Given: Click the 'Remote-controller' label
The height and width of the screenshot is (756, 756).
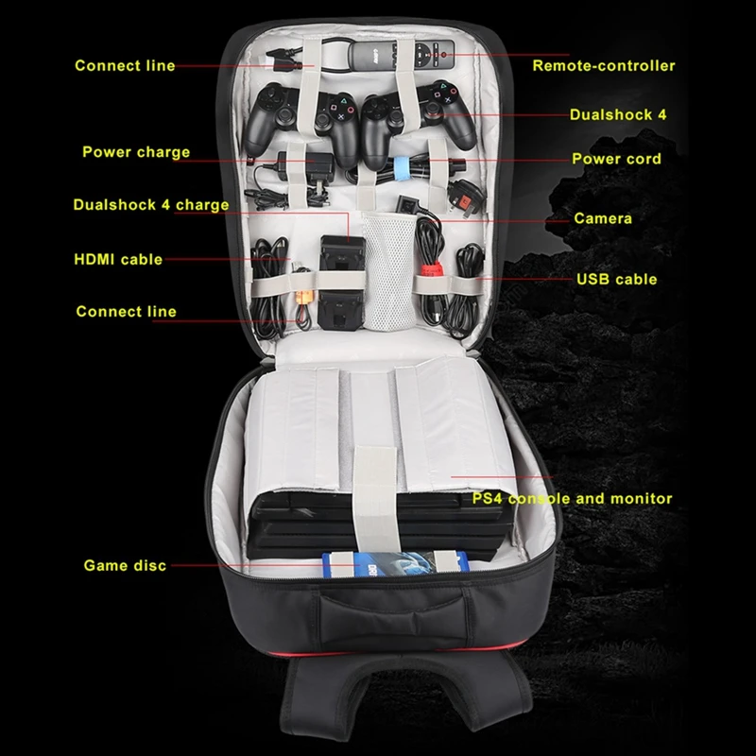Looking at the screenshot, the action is coord(604,65).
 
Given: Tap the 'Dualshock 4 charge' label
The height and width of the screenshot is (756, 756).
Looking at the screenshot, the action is coord(151,205).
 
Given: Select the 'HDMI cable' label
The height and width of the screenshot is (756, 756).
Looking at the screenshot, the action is coord(118,259).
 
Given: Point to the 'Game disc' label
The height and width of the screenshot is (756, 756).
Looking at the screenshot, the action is coord(125,565).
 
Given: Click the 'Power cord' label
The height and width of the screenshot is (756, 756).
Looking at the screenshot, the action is coord(616,159).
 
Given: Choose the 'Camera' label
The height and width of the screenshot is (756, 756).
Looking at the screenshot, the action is coord(603,218).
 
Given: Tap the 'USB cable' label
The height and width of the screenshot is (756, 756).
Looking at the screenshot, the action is coord(617,279).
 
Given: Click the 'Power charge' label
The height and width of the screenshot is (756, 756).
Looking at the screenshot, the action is coord(136,152).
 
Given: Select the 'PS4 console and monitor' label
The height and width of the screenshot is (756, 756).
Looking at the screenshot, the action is coord(572,499).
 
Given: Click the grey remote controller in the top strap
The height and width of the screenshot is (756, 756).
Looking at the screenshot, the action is coord(401,55).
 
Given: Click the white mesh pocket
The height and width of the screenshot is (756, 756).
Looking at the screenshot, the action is coord(389,272).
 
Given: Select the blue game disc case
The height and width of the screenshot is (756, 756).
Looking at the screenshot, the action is coord(395,563).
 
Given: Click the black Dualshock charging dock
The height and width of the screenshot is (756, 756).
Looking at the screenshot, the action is coord(342,282).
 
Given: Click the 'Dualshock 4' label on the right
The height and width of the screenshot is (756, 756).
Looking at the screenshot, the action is coord(618,114).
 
